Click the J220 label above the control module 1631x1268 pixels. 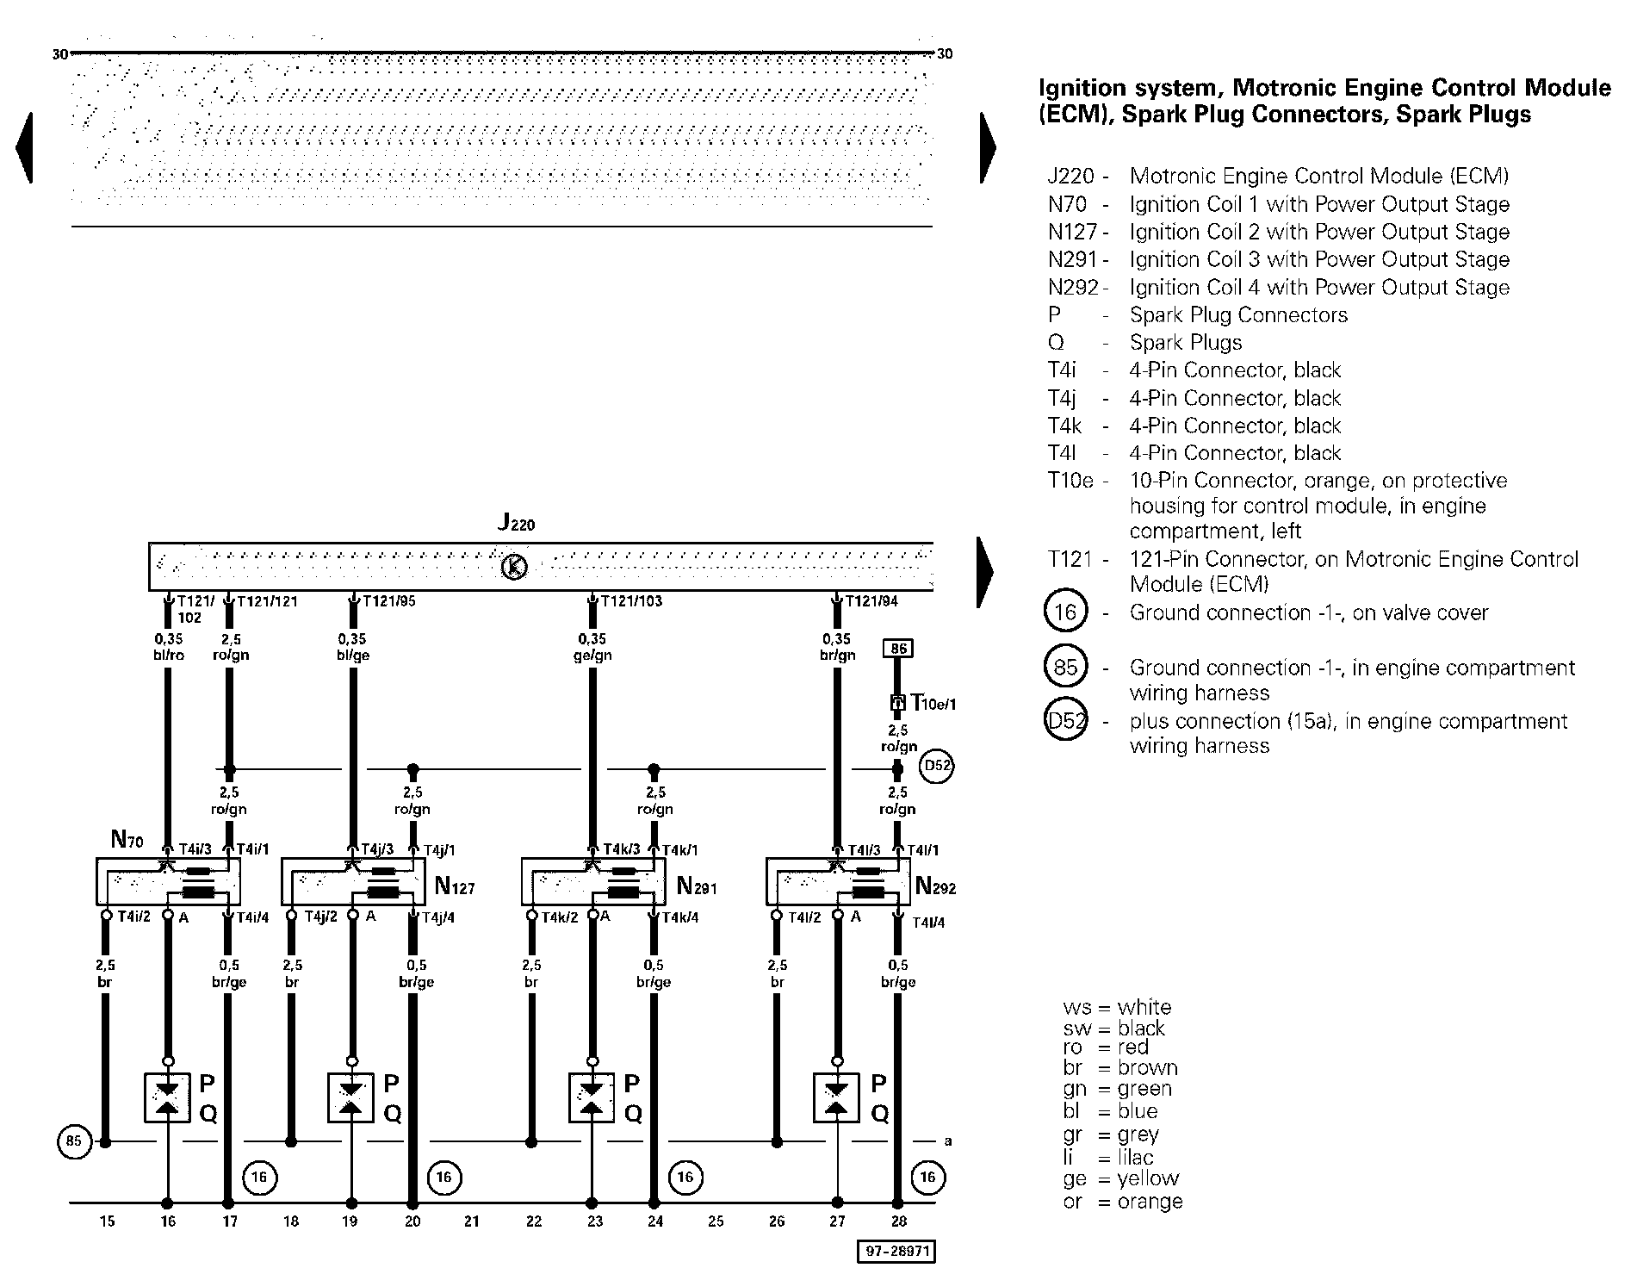pos(517,523)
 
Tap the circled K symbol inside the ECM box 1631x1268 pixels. pos(514,567)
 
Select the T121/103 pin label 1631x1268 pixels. pos(631,601)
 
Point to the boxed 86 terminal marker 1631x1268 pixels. pos(897,648)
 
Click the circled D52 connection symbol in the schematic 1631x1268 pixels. pos(936,766)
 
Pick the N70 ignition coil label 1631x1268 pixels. pos(127,838)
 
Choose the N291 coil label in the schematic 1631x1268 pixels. pos(697,886)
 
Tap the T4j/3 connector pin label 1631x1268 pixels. pos(377,849)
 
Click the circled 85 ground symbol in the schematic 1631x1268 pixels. pos(74,1141)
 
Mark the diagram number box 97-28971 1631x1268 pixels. pos(896,1252)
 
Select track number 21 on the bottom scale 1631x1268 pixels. pos(471,1221)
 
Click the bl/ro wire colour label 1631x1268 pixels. pos(168,656)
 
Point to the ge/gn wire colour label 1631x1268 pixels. pos(592,656)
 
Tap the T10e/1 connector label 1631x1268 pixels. pos(933,703)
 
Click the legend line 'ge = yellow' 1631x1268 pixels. pos(1121,1178)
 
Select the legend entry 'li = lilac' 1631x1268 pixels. pos(1108,1157)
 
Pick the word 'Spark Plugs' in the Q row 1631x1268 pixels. pos(1186,343)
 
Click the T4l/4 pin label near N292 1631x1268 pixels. pos(928,923)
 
